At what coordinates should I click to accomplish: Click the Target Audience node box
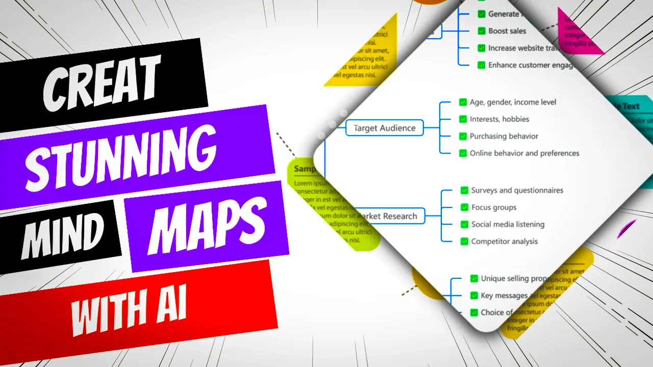coord(385,128)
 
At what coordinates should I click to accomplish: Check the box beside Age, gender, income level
coord(463,102)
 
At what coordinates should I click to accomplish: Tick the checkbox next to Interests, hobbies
coord(463,119)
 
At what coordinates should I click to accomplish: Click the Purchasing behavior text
coord(504,136)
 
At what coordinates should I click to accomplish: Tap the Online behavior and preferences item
coord(524,153)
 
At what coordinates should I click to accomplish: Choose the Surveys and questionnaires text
coord(517,190)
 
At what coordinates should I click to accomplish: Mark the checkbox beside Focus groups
coord(464,207)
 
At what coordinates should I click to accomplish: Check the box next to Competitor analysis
coord(464,241)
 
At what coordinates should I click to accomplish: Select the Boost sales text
coord(507,31)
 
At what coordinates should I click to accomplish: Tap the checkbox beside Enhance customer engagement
coord(481,65)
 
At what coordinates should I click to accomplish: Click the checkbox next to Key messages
coord(474,295)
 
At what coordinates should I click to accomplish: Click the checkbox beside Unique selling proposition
coord(474,278)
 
